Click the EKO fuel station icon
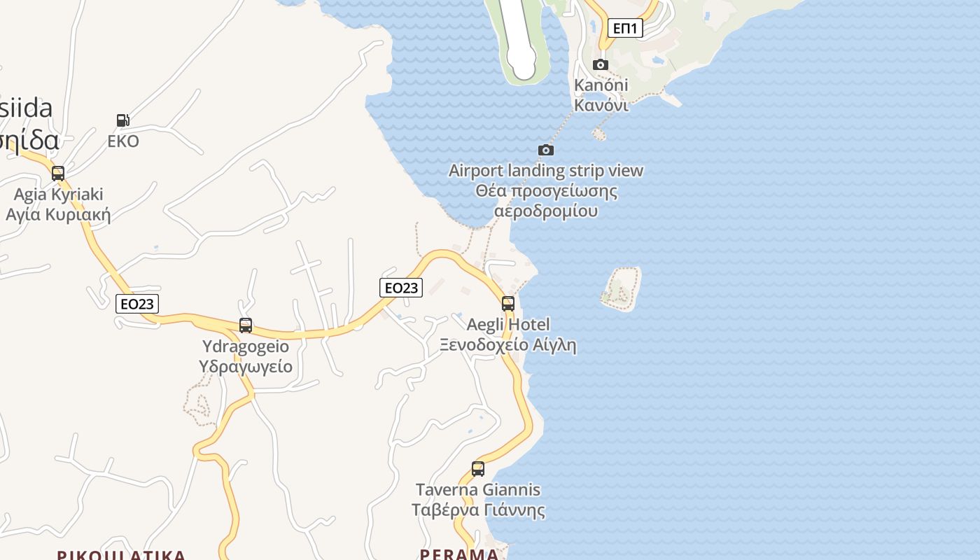[122, 120]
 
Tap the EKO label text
[123, 141]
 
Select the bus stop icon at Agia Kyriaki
[58, 174]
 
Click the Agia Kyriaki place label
[58, 204]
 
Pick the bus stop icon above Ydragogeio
[245, 325]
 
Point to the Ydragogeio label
[245, 356]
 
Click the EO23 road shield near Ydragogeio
[137, 304]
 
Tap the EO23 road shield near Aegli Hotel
[401, 287]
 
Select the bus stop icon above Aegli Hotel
[508, 304]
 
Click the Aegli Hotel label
[508, 335]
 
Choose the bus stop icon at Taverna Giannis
[478, 469]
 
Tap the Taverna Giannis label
[478, 500]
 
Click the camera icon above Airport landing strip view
[546, 150]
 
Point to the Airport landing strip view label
[546, 190]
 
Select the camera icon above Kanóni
[601, 65]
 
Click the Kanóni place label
[601, 94]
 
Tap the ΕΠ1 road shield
[624, 28]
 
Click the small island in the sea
[622, 288]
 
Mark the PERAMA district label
[459, 554]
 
